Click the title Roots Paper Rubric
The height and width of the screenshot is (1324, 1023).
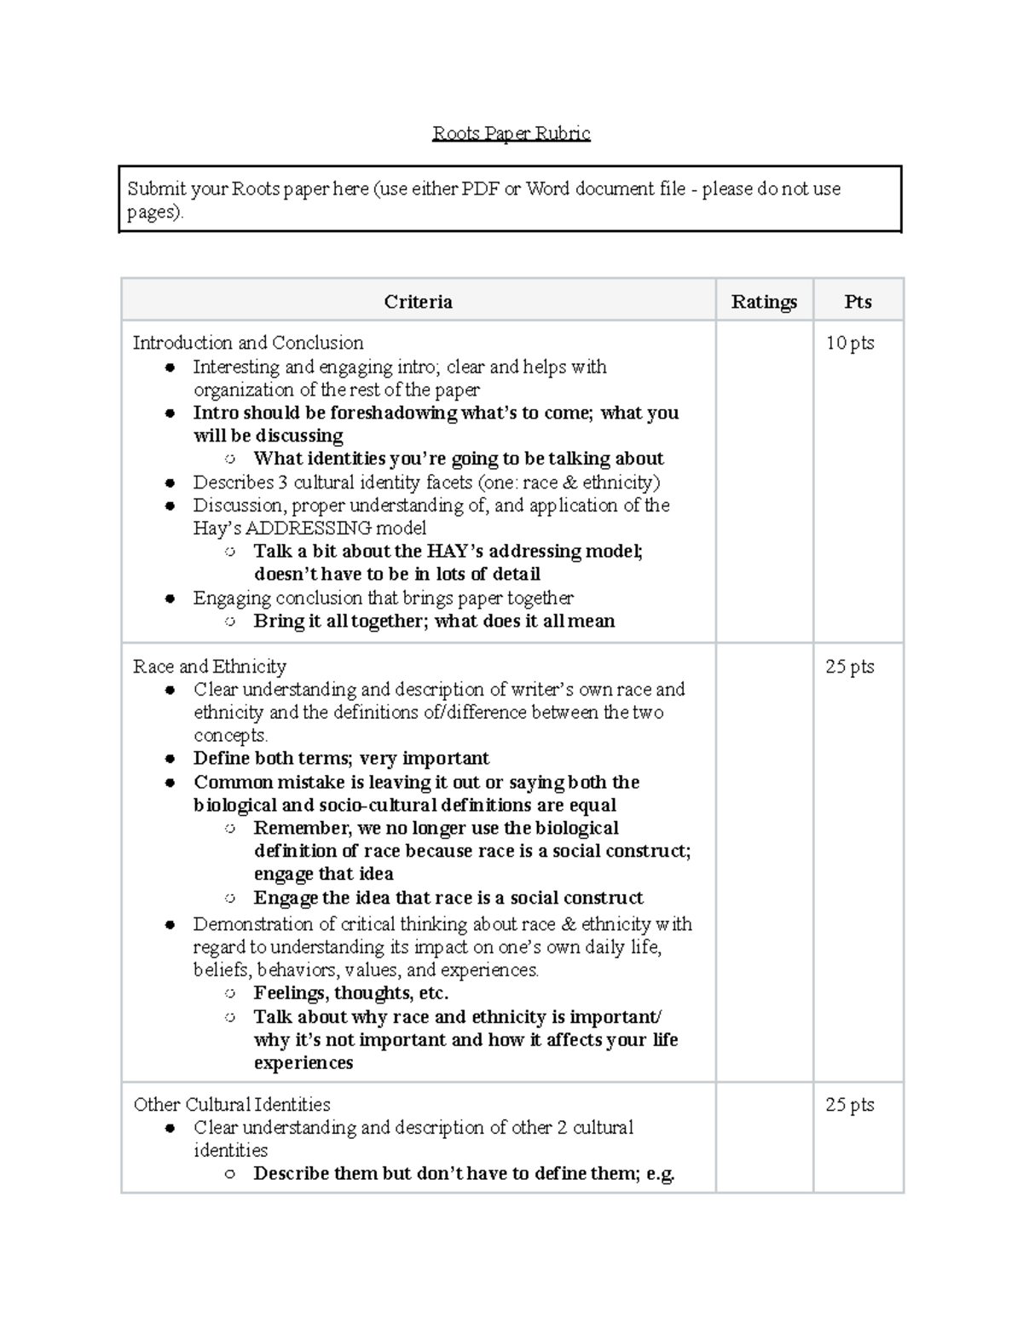coord(511,133)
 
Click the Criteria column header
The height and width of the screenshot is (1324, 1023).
coord(418,302)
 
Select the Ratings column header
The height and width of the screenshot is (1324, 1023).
coord(764,302)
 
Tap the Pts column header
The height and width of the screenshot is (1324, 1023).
coord(858,302)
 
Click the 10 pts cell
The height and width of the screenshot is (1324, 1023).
coord(850,343)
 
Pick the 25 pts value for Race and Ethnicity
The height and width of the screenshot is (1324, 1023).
coord(850,667)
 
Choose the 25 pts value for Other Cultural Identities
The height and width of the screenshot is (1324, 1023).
coord(850,1105)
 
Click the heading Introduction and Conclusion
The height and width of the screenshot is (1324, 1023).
coord(248,343)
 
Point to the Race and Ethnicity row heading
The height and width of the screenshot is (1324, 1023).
coord(210,667)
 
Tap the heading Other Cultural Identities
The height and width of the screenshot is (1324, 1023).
coord(232,1105)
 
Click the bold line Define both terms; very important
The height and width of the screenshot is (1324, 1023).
coord(341,759)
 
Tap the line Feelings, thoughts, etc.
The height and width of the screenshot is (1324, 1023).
coord(350,993)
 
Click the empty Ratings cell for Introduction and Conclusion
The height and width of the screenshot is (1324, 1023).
coord(764,482)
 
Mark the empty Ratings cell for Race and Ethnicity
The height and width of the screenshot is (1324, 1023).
coord(764,861)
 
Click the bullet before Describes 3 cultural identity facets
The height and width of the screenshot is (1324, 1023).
coord(170,483)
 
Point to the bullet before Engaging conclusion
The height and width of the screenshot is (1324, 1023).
coord(170,599)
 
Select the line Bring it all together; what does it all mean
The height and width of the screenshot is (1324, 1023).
coord(434,622)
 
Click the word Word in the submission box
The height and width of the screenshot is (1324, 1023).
coord(547,188)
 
